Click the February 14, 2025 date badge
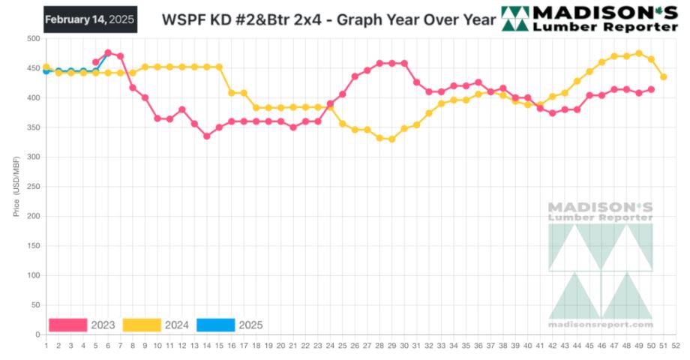tap(89, 19)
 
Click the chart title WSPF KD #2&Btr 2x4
tap(328, 19)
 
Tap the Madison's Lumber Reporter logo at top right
tap(589, 19)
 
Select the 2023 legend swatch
tap(68, 325)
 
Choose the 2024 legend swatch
tap(142, 325)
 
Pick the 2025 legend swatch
tap(215, 325)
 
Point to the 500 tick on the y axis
tap(32, 38)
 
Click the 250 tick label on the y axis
tap(32, 187)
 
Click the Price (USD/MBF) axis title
tap(16, 187)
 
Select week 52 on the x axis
tap(676, 346)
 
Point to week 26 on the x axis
tap(355, 346)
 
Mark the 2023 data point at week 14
tap(206, 136)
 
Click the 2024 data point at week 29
tap(391, 139)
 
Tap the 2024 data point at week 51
tap(663, 76)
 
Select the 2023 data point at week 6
tap(108, 52)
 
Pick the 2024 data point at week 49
tap(638, 53)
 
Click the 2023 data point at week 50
tap(651, 89)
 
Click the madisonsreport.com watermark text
tap(600, 325)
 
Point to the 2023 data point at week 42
tap(552, 112)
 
